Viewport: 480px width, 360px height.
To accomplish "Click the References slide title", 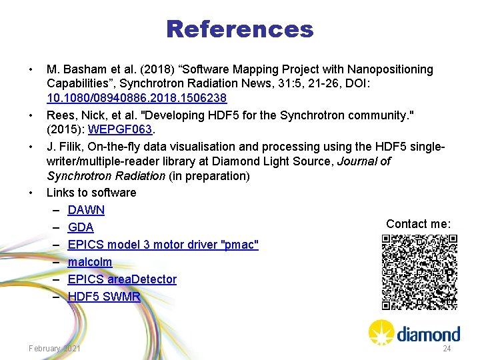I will (x=239, y=29).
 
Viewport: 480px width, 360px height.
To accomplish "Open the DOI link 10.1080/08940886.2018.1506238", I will (x=137, y=98).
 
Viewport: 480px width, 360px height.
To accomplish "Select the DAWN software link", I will (x=86, y=210).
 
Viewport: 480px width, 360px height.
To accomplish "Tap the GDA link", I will (x=81, y=227).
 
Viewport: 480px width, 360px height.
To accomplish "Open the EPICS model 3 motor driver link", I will (x=163, y=245).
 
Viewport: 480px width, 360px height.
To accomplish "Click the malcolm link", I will (x=89, y=262).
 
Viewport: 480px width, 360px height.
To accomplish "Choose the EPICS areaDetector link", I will (x=122, y=279).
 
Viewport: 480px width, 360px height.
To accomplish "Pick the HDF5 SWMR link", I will (x=104, y=297).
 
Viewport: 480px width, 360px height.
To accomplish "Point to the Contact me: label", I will (x=419, y=224).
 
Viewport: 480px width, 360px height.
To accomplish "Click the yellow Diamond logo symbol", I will (x=382, y=332).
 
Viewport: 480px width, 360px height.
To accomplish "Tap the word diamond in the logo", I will (x=429, y=334).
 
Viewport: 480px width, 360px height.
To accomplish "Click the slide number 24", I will (x=447, y=349).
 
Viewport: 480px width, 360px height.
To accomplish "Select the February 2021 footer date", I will (x=55, y=349).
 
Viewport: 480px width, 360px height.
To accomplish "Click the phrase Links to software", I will (x=91, y=193).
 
